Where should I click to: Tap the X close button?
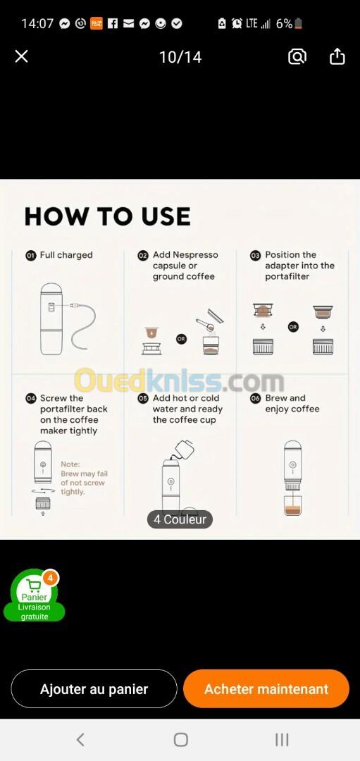click(x=21, y=57)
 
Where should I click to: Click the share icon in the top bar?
click(x=337, y=56)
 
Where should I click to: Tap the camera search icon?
click(x=297, y=57)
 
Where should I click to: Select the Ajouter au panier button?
click(x=94, y=688)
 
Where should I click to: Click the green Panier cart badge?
click(x=35, y=595)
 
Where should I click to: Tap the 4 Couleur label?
click(x=180, y=519)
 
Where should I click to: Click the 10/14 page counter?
click(x=180, y=57)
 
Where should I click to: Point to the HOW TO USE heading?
click(x=107, y=216)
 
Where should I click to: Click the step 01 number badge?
click(x=30, y=255)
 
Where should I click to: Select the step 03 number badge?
click(x=255, y=255)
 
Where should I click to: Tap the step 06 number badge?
click(x=255, y=398)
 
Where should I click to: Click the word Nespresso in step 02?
click(x=195, y=255)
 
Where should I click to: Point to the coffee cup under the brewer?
click(x=292, y=506)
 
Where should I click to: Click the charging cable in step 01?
click(x=85, y=323)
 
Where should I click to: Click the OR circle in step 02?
click(x=181, y=339)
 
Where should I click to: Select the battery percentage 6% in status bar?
click(x=285, y=23)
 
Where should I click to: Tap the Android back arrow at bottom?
click(x=80, y=740)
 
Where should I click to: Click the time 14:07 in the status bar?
click(x=37, y=23)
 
